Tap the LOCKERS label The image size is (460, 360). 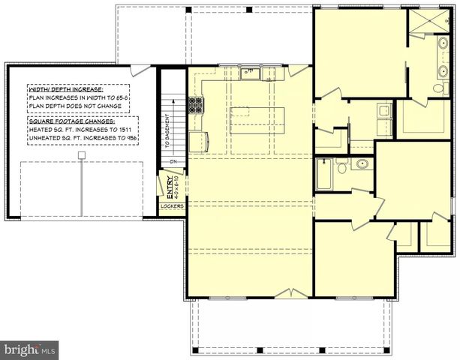(x=171, y=205)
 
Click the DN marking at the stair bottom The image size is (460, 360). (x=172, y=161)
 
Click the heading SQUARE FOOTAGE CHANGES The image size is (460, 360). (x=72, y=120)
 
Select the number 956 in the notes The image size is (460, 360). (x=128, y=139)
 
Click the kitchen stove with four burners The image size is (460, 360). (x=196, y=105)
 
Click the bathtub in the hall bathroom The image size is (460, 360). (x=323, y=175)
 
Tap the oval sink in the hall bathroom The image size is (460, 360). (x=362, y=163)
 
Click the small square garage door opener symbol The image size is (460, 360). (x=82, y=154)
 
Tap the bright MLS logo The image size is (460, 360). (x=30, y=349)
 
